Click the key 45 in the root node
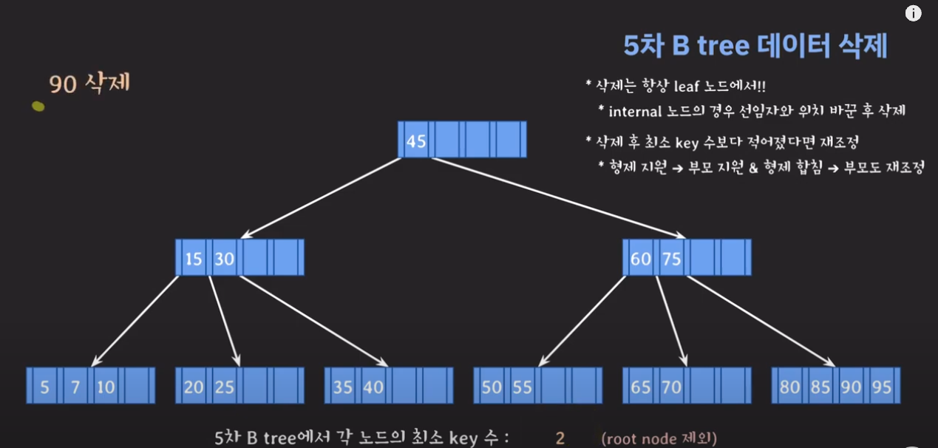[x=416, y=140]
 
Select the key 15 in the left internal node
[x=194, y=259]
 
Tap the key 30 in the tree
[x=225, y=259]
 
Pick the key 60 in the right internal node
[x=640, y=259]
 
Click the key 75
[x=671, y=259]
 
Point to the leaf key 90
[x=851, y=387]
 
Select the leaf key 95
[x=881, y=387]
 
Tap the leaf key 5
[x=44, y=387]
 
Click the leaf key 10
[x=106, y=387]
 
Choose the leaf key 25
[x=225, y=387]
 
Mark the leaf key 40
[x=373, y=387]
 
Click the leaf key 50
[x=492, y=387]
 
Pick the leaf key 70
[x=671, y=387]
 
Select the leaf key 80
[x=789, y=387]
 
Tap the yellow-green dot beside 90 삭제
[x=38, y=106]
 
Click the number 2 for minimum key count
[x=560, y=438]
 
